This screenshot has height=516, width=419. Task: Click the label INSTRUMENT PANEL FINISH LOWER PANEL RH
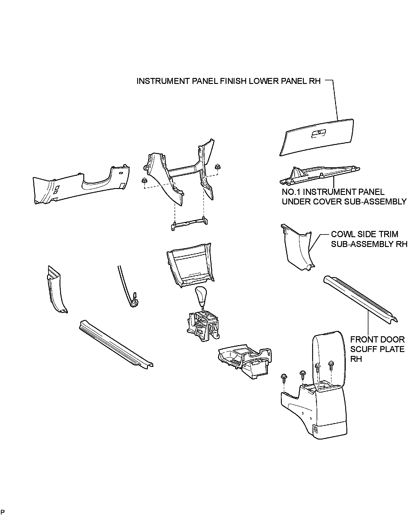(229, 81)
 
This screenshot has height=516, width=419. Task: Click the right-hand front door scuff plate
(360, 298)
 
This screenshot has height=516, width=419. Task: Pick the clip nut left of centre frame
(145, 180)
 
